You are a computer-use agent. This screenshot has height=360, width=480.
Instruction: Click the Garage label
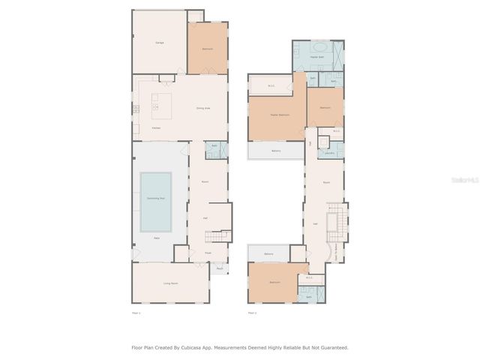point(160,43)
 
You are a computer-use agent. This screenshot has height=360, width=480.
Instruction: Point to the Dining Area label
point(202,108)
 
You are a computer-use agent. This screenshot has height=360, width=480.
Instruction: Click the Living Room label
point(171,283)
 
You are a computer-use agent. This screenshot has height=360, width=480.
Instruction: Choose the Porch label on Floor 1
point(220,268)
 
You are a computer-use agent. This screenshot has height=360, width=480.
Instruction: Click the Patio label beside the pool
point(157,238)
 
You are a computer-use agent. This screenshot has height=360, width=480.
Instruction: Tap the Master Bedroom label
point(279,115)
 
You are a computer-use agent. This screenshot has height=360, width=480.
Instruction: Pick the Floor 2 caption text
point(252,312)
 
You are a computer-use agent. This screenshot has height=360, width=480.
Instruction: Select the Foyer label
point(208,253)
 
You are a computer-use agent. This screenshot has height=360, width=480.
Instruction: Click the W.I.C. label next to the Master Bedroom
point(271,85)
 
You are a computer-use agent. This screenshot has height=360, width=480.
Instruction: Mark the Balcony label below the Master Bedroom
point(276,151)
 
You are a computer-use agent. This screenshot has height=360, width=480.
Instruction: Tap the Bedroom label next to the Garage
point(207,49)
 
